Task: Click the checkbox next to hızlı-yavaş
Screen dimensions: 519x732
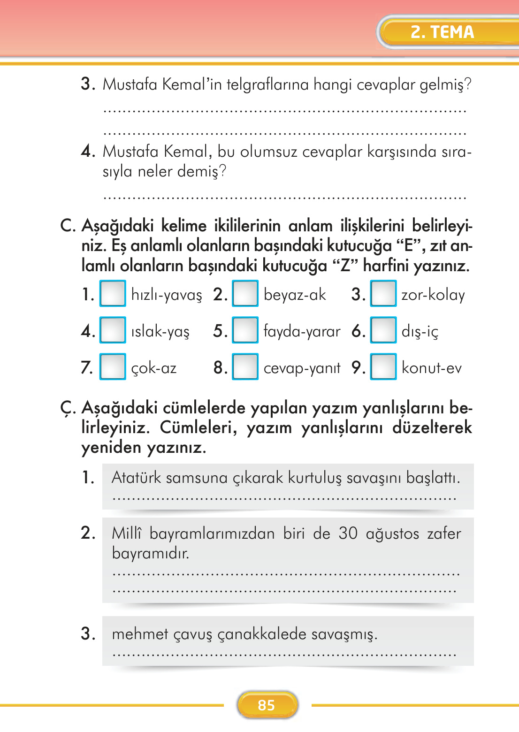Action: (113, 293)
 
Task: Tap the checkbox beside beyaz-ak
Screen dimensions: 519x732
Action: (245, 293)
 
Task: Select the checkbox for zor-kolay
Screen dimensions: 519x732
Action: (383, 293)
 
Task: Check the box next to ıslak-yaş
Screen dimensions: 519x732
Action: (113, 330)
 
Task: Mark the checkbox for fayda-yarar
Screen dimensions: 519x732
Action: (245, 330)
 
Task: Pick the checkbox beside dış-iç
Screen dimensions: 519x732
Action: (383, 330)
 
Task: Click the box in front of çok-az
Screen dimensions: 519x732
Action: (113, 366)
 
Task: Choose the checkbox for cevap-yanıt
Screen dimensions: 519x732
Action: (245, 366)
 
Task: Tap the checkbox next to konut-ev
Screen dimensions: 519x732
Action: (383, 366)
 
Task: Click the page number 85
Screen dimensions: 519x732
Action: (267, 705)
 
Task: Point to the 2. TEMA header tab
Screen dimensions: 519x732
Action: (442, 32)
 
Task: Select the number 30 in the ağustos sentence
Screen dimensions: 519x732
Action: (348, 534)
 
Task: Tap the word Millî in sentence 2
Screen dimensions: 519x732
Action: (126, 534)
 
